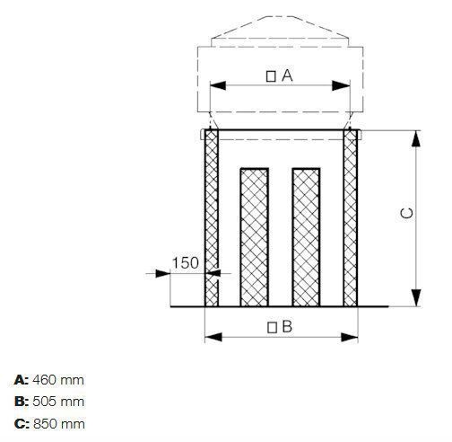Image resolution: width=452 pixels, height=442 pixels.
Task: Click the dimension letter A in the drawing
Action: (x=287, y=76)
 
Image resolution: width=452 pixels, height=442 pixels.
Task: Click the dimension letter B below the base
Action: (x=287, y=327)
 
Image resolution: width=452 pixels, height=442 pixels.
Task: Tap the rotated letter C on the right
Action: (x=406, y=214)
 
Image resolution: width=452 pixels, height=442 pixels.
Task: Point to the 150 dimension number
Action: (x=185, y=262)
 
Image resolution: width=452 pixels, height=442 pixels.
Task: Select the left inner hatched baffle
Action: (x=253, y=235)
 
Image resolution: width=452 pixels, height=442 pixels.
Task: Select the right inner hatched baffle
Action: (x=307, y=235)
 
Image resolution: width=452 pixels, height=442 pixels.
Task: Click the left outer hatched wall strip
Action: (x=213, y=220)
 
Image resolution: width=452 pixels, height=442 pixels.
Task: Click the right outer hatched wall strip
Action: (x=351, y=220)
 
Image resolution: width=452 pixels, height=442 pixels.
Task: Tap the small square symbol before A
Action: (x=271, y=77)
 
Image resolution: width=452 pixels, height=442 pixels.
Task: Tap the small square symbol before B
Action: (x=271, y=328)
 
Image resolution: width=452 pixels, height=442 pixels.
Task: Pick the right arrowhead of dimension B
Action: (x=352, y=338)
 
